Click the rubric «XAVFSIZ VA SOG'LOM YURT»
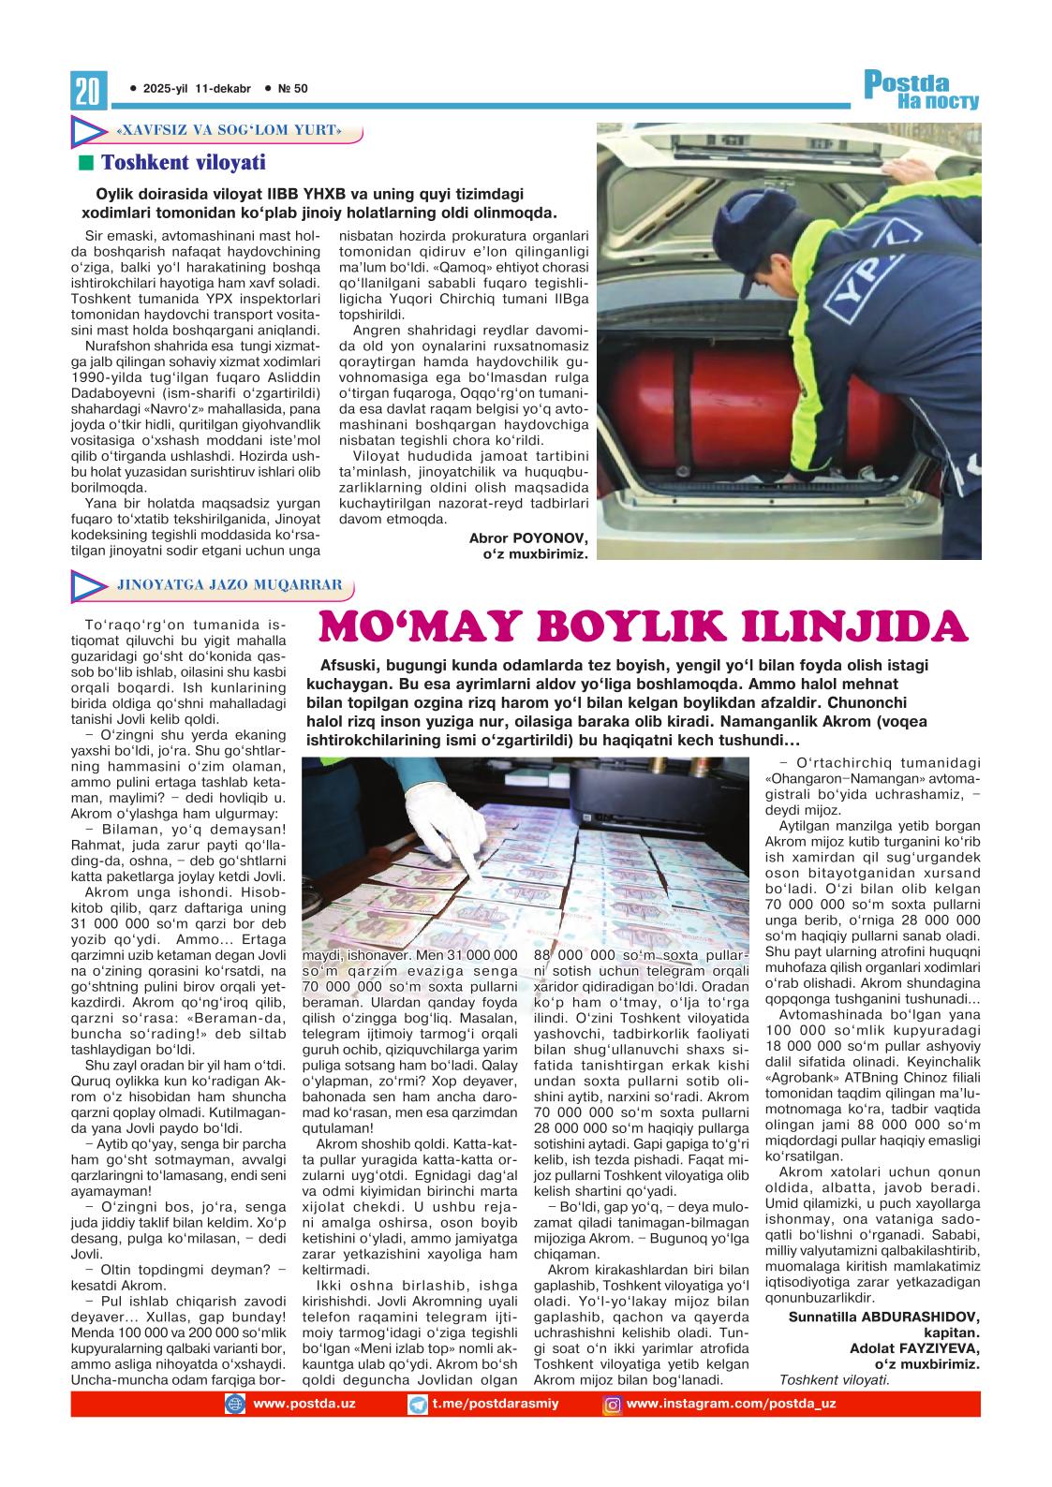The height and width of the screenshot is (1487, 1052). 225,130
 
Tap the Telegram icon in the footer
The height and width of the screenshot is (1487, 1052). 418,1404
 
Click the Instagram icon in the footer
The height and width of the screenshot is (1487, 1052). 613,1404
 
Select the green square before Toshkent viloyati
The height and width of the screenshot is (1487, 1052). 87,163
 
